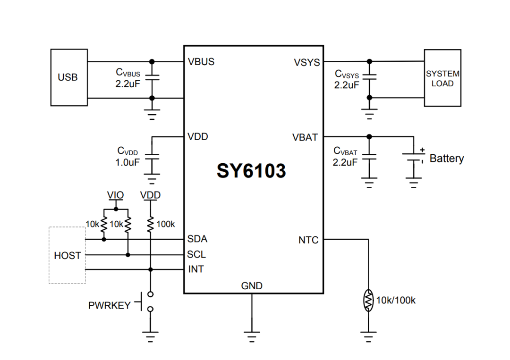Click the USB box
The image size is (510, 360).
click(x=68, y=77)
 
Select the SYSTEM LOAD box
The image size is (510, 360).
click(x=442, y=78)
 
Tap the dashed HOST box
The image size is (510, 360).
click(x=67, y=255)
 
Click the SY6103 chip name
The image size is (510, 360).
click(x=251, y=171)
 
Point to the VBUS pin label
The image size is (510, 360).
click(x=201, y=62)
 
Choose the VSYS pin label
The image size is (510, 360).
click(x=306, y=62)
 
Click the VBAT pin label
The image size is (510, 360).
click(x=305, y=138)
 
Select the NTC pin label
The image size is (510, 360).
click(x=308, y=240)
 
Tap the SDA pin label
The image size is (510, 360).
click(x=197, y=239)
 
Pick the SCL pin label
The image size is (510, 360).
click(x=196, y=254)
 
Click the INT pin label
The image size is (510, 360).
click(x=195, y=269)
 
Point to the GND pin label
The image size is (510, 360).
click(x=252, y=285)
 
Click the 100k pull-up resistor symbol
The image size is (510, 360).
click(x=151, y=224)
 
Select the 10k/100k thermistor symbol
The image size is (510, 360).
click(x=368, y=300)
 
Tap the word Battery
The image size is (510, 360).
click(x=446, y=159)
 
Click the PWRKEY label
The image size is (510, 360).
click(x=109, y=306)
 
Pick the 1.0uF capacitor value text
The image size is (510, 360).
click(x=127, y=163)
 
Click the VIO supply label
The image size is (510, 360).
click(x=116, y=195)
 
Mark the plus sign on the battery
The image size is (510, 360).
click(x=422, y=149)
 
